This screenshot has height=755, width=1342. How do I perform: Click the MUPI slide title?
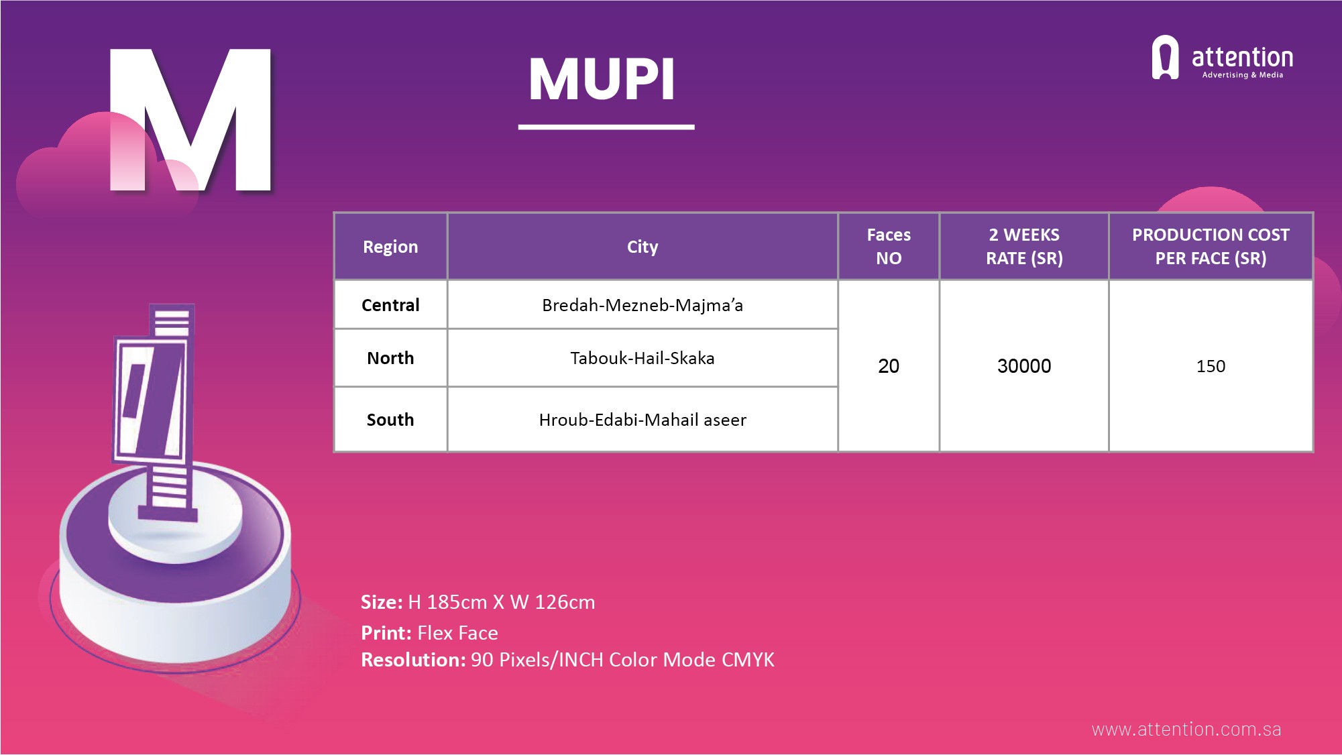[602, 79]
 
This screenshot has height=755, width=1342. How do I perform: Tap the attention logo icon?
[1165, 57]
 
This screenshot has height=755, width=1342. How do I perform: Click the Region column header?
[390, 247]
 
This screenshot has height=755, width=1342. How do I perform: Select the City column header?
[642, 247]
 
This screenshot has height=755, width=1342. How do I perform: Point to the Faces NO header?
[889, 246]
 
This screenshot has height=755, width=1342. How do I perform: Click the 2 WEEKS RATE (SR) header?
[1024, 246]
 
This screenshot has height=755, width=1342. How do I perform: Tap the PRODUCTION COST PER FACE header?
[1211, 246]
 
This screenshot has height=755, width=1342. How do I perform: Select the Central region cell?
[390, 305]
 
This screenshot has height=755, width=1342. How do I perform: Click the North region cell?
[390, 358]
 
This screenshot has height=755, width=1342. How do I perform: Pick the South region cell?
[390, 420]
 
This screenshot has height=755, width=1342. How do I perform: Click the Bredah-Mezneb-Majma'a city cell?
[642, 305]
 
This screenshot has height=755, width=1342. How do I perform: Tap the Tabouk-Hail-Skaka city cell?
[642, 358]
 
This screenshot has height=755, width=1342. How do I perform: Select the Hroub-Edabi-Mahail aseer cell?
[642, 420]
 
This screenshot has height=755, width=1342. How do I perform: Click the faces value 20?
[889, 366]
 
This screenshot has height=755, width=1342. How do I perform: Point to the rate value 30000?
[1024, 366]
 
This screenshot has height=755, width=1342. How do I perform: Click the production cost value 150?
[1211, 366]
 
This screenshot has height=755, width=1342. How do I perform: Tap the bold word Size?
[382, 602]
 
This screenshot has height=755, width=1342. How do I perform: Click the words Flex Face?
[457, 633]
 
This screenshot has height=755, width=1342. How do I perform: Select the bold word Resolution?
[413, 660]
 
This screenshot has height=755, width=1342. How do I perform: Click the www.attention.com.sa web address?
[1186, 730]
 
